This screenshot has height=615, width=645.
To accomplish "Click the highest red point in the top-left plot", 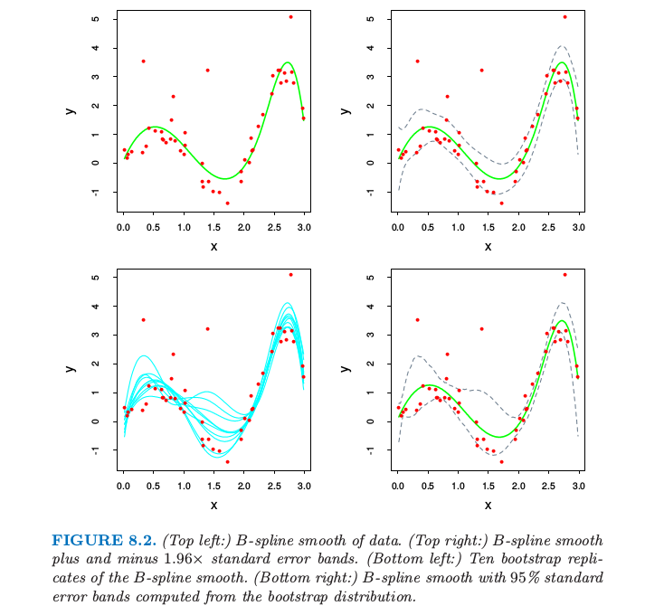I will click(x=290, y=17).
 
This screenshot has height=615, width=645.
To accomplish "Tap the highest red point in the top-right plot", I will click(x=564, y=17).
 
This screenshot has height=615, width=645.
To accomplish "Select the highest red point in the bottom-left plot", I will click(x=290, y=275).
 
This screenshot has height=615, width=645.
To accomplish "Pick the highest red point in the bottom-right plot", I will click(x=564, y=275).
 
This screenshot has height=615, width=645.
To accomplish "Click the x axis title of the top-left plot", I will click(x=213, y=245).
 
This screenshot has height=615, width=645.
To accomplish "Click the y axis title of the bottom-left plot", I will click(x=70, y=368).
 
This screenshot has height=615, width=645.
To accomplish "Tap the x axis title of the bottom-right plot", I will click(x=488, y=504).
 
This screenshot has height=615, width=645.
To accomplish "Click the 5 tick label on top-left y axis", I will click(x=95, y=18).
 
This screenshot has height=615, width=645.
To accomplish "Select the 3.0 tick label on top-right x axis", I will click(x=579, y=228).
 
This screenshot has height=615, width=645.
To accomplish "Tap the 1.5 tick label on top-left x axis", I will click(x=213, y=228).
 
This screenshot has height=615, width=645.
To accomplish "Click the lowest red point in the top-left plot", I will click(x=227, y=203).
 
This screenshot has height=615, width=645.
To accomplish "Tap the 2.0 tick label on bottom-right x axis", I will click(x=518, y=487).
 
